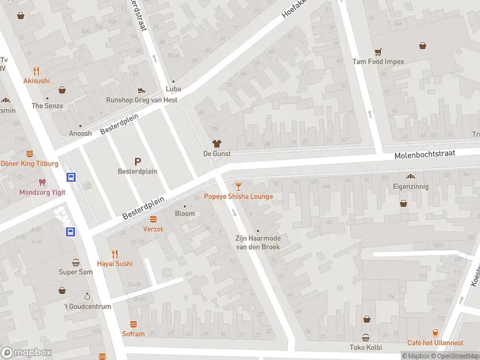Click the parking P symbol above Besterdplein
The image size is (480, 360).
tap(137, 161)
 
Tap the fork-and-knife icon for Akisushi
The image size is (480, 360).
tap(37, 70)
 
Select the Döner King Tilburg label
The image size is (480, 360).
tap(30, 163)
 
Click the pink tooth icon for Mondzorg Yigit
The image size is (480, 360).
tap(41, 182)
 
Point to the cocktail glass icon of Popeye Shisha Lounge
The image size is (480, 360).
tap(239, 187)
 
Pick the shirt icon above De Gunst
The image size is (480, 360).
tap(217, 143)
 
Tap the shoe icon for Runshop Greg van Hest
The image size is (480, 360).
tap(142, 90)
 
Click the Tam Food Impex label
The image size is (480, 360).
tap(378, 61)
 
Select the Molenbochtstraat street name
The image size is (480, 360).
tap(425, 155)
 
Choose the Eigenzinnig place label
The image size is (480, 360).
tap(411, 187)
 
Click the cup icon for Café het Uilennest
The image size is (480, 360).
tap(436, 333)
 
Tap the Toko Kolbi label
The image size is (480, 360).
tap(366, 347)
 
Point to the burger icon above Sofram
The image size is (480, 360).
tap(133, 324)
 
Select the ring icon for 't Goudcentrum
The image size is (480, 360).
tap(87, 296)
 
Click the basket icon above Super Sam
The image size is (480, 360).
tap(76, 262)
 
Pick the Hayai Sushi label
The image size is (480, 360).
tap(115, 263)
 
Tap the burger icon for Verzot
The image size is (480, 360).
tap(153, 219)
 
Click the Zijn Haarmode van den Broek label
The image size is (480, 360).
tap(258, 242)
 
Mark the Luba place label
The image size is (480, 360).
tap(173, 89)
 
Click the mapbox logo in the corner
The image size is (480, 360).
tap(26, 352)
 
